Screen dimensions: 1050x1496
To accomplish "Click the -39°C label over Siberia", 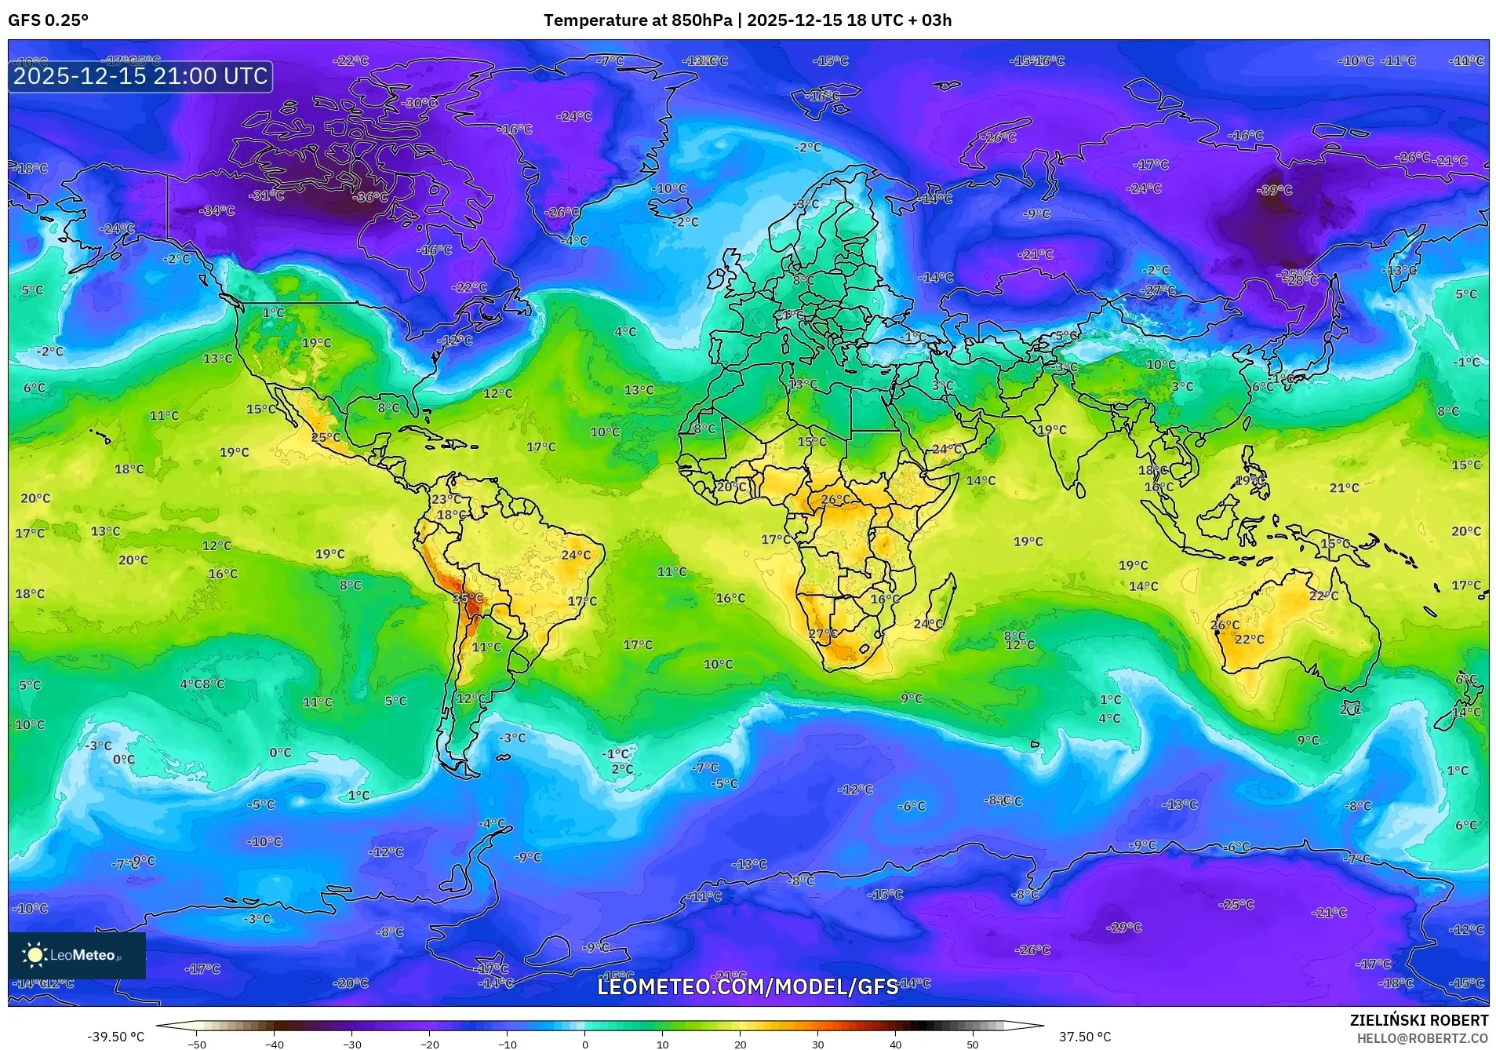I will tap(1274, 191).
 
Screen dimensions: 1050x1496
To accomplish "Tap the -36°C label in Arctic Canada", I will tap(370, 197).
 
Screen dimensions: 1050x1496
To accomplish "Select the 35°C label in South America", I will tap(468, 598).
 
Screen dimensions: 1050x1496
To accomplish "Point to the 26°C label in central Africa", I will tap(835, 500).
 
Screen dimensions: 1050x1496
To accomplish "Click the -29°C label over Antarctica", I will tap(1123, 928).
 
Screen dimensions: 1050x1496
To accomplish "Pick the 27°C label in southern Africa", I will tap(823, 634).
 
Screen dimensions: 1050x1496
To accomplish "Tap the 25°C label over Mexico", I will tap(326, 438).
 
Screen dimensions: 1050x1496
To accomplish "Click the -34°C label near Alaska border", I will tap(217, 210).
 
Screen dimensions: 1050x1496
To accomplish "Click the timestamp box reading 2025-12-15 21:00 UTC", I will tap(140, 77).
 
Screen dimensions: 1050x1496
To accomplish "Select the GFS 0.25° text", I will tap(49, 20).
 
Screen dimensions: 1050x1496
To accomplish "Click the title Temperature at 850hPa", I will tap(637, 20).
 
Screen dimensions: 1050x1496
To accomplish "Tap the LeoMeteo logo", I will tap(77, 955).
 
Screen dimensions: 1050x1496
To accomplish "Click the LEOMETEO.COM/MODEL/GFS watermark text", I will tap(748, 986).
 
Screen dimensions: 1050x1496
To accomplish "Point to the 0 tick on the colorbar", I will tap(585, 1045).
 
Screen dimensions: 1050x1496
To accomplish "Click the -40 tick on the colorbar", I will tap(275, 1045).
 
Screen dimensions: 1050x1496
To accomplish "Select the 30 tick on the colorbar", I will tap(817, 1045).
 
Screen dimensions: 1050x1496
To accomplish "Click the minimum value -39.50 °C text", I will tap(115, 1037).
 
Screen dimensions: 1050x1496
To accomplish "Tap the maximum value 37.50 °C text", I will tap(1085, 1037).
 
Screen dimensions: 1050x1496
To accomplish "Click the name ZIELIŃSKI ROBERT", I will tap(1418, 1020).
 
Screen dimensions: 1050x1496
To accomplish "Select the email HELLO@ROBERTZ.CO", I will tap(1421, 1038).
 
